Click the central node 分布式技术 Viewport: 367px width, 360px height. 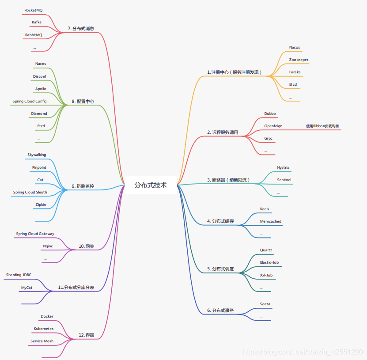[151, 185]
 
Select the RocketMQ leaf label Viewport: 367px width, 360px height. [34, 10]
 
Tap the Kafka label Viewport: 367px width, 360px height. [37, 22]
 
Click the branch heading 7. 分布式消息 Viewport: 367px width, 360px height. [81, 29]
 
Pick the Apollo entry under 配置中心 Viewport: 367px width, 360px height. [41, 89]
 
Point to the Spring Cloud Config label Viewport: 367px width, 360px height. [30, 101]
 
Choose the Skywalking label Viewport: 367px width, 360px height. [37, 155]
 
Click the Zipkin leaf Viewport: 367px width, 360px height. [41, 205]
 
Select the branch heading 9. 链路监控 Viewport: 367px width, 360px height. [83, 186]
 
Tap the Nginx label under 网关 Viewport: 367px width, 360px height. [48, 246]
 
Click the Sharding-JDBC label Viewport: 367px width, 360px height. [19, 275]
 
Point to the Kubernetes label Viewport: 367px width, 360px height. [44, 329]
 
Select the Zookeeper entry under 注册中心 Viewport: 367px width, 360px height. [299, 60]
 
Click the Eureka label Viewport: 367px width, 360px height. [295, 72]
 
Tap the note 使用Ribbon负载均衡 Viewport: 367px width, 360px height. [323, 126]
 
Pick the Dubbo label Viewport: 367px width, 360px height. [270, 114]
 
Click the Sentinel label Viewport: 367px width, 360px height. [284, 180]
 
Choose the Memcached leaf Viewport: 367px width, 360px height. [270, 221]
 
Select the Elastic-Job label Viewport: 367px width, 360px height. [269, 262]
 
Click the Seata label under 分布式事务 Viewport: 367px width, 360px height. [265, 304]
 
